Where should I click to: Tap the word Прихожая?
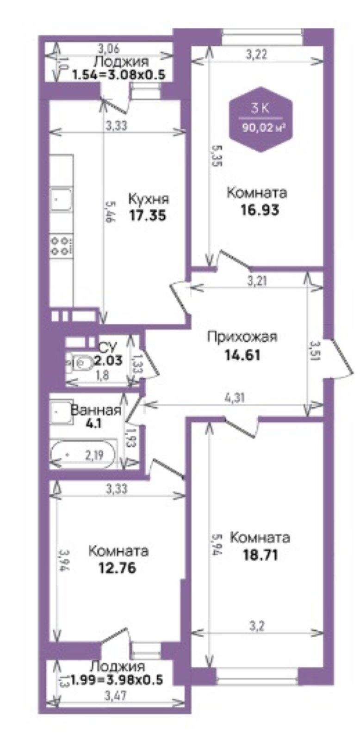[x=242, y=337]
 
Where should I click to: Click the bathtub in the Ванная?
[x=83, y=455]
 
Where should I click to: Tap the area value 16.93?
[x=261, y=209]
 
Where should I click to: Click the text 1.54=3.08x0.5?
[x=118, y=75]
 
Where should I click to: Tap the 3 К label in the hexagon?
[x=260, y=108]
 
